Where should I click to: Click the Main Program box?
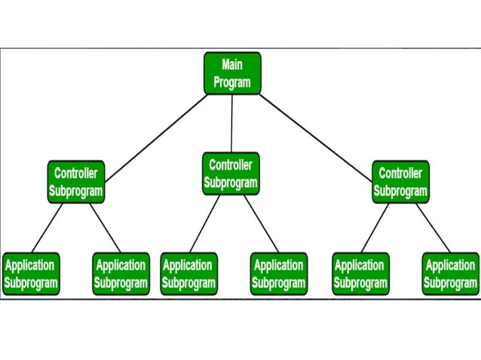coord(232,73)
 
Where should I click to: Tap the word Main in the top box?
coord(232,65)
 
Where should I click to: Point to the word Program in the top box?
coord(232,82)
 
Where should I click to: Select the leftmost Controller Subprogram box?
coord(75,182)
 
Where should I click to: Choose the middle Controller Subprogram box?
coord(231,173)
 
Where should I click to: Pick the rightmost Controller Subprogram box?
coord(400,182)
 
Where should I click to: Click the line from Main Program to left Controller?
coord(156,138)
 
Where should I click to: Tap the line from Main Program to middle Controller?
coord(231,124)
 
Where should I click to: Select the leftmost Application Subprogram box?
coord(30,274)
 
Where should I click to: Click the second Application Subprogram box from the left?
coord(121,274)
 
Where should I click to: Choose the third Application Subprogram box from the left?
coord(188,274)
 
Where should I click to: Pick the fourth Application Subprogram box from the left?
coord(278,274)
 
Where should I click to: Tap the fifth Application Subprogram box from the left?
coord(360,274)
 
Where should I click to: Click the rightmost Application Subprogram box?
coord(450,274)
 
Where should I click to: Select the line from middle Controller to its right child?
coord(261,224)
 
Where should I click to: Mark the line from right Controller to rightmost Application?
coord(434,227)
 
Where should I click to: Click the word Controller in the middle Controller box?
coord(231,165)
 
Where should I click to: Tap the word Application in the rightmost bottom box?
coord(450,265)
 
